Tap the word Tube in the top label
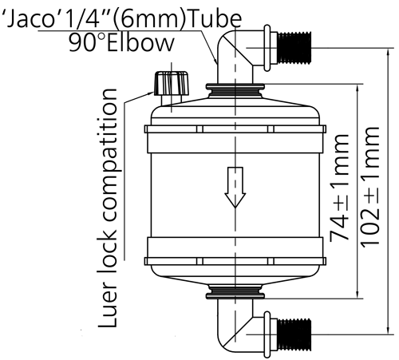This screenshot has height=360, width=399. point(215,19)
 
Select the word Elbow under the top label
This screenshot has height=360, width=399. point(140,42)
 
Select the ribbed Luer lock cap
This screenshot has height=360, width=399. point(172,83)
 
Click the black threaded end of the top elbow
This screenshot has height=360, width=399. point(294,48)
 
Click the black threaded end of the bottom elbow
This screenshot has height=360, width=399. point(294,334)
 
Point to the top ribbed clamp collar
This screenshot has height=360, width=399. point(235,91)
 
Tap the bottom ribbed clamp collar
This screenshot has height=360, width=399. point(235,292)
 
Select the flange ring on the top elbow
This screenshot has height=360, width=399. point(267,48)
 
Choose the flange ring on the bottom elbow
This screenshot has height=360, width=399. point(267,334)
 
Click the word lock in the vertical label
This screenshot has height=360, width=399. point(107,251)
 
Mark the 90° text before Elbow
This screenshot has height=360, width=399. point(87,42)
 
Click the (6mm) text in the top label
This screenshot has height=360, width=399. point(150,19)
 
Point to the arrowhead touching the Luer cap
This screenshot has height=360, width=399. point(151,93)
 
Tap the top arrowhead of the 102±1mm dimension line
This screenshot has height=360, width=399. point(389,53)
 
